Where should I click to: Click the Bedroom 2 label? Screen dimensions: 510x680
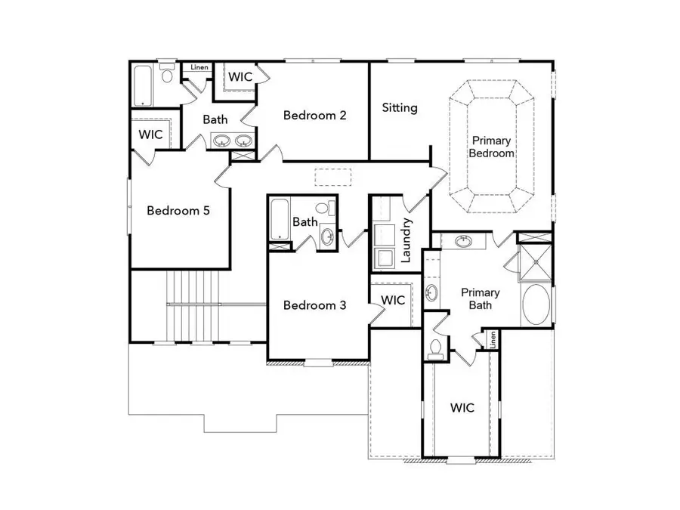click(x=314, y=116)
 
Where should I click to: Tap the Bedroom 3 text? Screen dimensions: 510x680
click(x=314, y=305)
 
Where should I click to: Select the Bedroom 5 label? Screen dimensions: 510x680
click(x=178, y=211)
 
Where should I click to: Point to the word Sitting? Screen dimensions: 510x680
click(x=400, y=108)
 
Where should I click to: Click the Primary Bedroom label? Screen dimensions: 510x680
click(x=493, y=147)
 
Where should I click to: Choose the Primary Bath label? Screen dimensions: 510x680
click(x=481, y=298)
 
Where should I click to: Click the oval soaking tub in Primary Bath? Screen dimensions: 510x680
click(x=536, y=304)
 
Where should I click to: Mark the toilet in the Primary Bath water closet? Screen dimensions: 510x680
click(x=434, y=348)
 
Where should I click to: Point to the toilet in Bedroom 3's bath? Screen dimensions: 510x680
click(x=323, y=207)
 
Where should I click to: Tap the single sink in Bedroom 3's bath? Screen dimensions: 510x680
click(x=328, y=236)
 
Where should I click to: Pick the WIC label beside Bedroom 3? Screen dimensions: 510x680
click(x=393, y=300)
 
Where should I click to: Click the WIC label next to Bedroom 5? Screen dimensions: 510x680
click(x=151, y=134)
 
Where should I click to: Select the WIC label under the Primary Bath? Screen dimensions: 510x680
click(x=462, y=408)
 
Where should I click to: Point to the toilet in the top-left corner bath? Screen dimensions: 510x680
click(x=167, y=75)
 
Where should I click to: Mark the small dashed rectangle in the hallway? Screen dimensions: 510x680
click(x=333, y=176)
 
